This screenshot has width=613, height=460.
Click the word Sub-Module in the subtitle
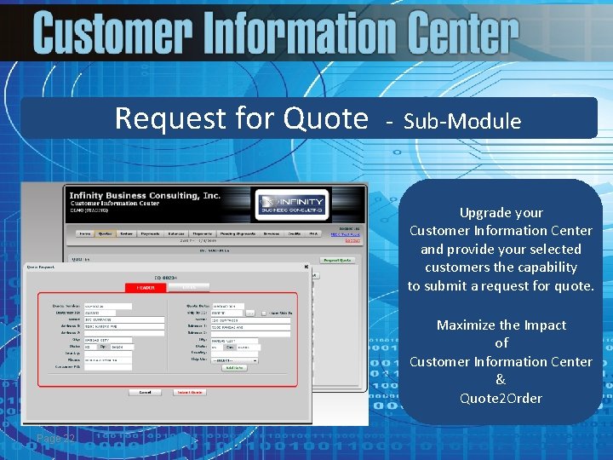[x=462, y=121]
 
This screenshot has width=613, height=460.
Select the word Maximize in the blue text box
[x=467, y=325]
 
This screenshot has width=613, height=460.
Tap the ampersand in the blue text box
[x=501, y=380]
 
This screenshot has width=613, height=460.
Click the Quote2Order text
[x=501, y=398]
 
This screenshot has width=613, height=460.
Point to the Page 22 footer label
[x=56, y=438]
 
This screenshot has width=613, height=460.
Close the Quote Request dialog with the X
[x=306, y=267]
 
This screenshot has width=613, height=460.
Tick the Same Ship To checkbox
[x=264, y=313]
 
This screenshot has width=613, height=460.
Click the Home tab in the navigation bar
[x=84, y=232]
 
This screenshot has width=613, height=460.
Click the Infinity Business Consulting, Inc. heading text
[x=145, y=195]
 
